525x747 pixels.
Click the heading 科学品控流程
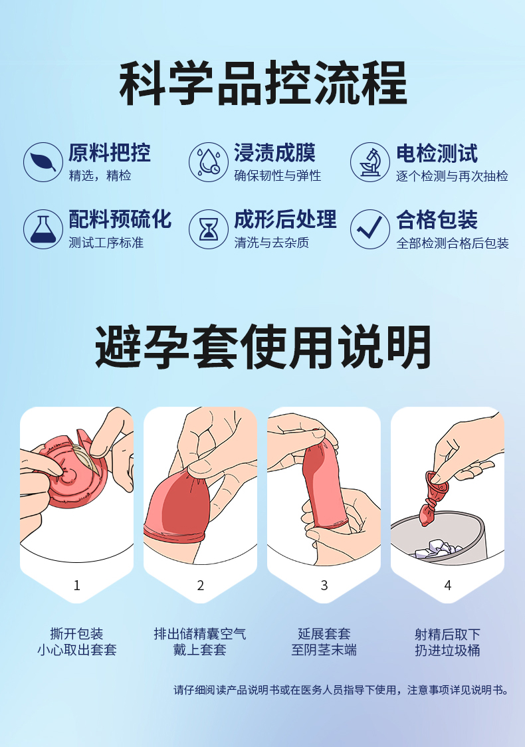(263, 83)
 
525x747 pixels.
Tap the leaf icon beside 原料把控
(43, 162)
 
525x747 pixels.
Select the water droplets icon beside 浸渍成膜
(209, 162)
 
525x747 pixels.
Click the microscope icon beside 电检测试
(370, 162)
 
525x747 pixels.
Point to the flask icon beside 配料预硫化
(43, 229)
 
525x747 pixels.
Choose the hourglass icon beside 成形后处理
(209, 229)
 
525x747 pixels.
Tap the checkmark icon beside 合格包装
(370, 229)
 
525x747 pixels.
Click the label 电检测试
(437, 154)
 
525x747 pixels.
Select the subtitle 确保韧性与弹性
(278, 176)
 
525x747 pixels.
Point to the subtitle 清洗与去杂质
(272, 243)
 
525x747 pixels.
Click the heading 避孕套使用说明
(263, 347)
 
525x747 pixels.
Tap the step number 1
(76, 586)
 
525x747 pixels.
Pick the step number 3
(324, 586)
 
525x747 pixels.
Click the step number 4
(447, 586)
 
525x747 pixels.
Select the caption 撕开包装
(76, 634)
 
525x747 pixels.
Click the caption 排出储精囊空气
(200, 634)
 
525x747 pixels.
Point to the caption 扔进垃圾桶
(447, 650)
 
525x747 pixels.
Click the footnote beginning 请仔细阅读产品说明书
(341, 690)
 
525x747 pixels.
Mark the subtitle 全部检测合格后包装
(453, 243)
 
